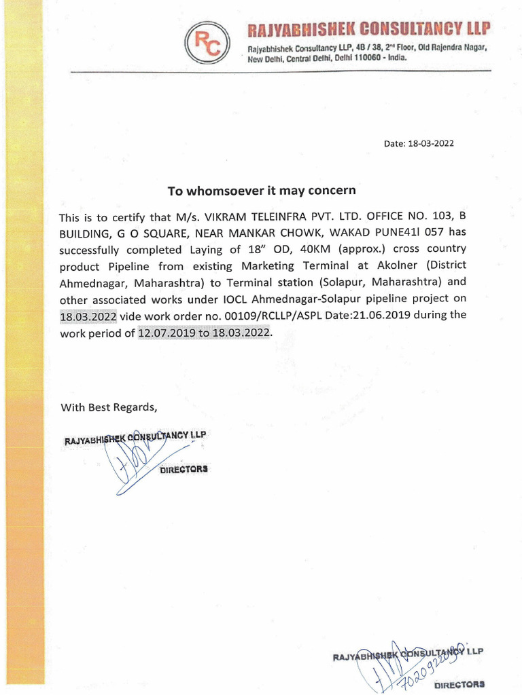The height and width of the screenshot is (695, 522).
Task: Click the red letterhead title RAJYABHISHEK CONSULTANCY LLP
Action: tap(368, 29)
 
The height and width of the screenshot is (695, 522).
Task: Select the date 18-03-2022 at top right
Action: tap(430, 143)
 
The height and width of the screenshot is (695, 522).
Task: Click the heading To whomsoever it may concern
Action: tap(262, 191)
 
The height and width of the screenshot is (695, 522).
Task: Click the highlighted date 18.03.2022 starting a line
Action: tap(88, 315)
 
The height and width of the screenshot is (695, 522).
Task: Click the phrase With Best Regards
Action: tap(109, 407)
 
